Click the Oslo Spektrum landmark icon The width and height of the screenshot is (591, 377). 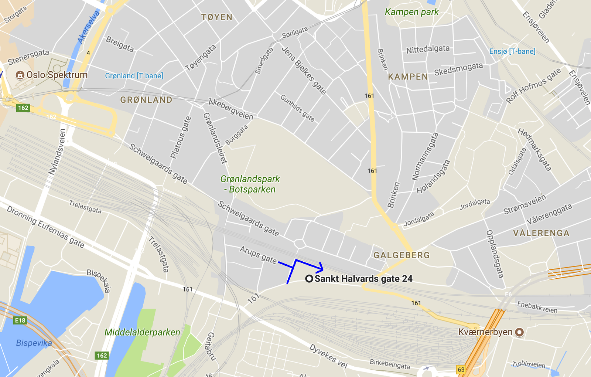pos(20,75)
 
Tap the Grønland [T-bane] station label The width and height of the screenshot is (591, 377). pos(134,76)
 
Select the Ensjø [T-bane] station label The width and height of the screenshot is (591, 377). pos(512,51)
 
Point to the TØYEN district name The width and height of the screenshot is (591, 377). pos(217,17)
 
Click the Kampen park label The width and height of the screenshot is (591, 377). pos(411,12)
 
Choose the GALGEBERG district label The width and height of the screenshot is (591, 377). pos(402,255)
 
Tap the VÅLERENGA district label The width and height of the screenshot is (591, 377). pos(541,233)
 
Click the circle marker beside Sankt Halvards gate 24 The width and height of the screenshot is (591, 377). pos(309,279)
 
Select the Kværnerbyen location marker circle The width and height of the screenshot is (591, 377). pos(519,332)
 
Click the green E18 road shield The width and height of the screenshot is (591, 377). pos(20,320)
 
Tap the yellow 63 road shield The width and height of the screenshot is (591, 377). pos(461,370)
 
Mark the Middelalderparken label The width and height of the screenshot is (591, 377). pos(142,332)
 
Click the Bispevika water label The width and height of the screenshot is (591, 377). pos(34,343)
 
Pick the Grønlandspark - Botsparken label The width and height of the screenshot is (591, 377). pos(250,184)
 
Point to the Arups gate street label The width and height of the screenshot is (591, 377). pos(258,255)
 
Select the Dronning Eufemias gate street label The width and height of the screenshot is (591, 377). pos(45,227)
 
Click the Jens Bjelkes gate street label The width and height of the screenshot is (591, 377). pos(304,70)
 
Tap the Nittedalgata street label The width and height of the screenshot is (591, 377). pos(428,49)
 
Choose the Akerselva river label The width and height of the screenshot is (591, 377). pos(88,27)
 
